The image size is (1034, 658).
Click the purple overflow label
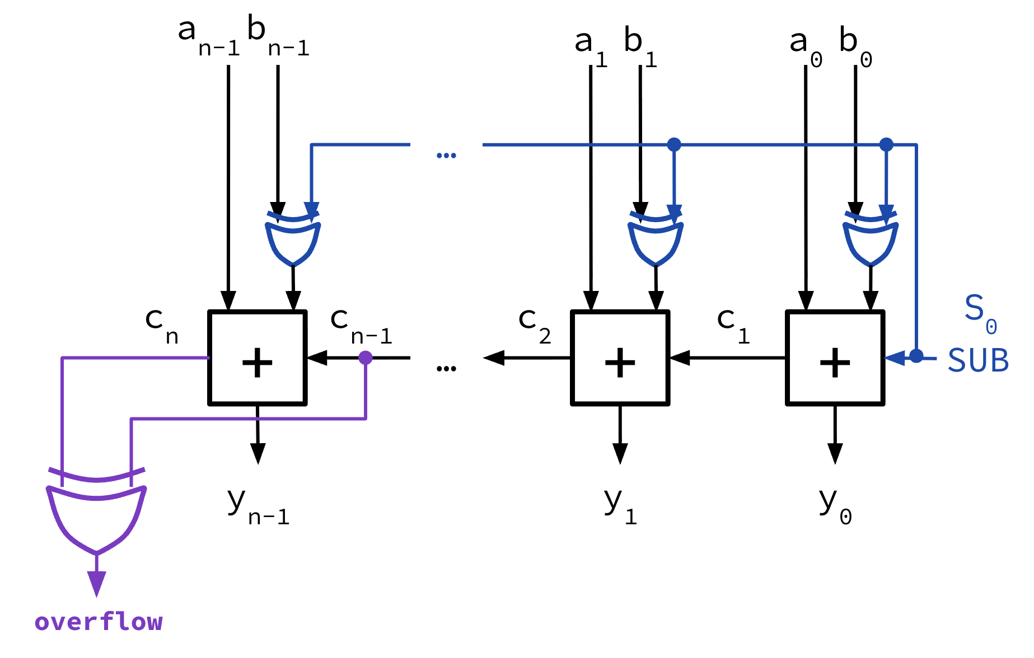point(99,622)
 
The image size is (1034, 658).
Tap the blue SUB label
point(978,360)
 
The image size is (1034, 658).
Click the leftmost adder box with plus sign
point(258,358)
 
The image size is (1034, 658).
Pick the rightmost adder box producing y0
point(835,358)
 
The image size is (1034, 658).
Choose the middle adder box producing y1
point(620,358)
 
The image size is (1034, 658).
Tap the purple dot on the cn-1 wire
point(366,358)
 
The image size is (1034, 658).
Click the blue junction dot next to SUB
point(916,356)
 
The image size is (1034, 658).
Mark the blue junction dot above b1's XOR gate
point(674,144)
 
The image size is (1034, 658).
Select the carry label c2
point(534,325)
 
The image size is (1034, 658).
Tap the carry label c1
point(733,325)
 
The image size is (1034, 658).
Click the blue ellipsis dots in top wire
point(446,156)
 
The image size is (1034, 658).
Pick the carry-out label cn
point(161,326)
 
